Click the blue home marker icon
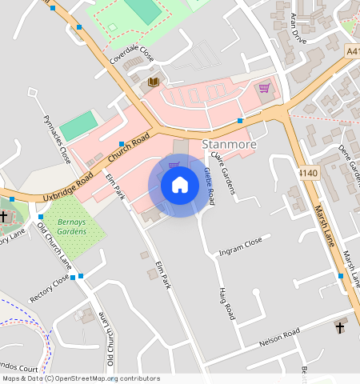click(180, 185)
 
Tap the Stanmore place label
click(229, 145)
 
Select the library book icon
click(154, 82)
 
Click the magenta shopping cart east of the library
click(264, 88)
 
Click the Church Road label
click(129, 146)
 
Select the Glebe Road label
click(209, 183)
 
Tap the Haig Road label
click(226, 304)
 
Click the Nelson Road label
click(279, 337)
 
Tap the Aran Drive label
click(298, 28)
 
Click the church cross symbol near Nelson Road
click(339, 328)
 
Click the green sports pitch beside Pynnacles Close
click(78, 126)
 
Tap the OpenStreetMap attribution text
click(80, 378)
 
